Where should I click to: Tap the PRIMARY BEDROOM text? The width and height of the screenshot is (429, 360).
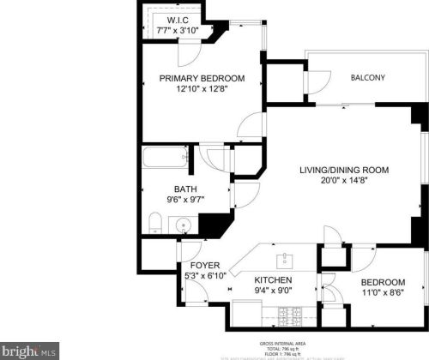[202, 78]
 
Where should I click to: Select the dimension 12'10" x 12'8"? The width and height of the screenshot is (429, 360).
[202, 90]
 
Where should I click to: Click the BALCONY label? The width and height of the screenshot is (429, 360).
[367, 78]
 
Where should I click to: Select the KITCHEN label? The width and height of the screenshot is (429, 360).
[274, 280]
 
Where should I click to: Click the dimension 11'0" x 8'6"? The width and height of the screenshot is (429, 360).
[382, 292]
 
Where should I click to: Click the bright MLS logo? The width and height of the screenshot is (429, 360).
[29, 351]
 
